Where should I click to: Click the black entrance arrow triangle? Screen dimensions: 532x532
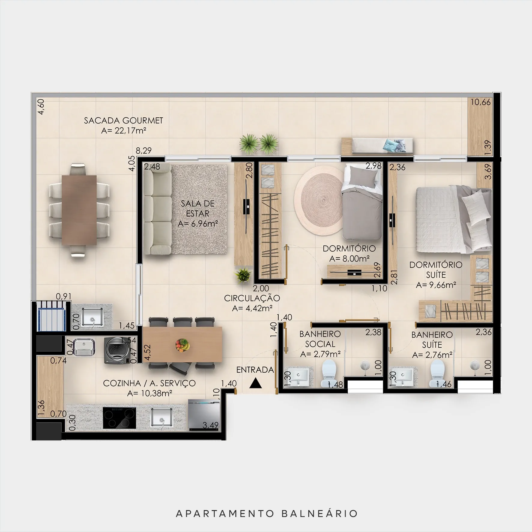[x=255, y=383]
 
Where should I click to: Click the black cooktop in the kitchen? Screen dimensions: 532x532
[x=119, y=418]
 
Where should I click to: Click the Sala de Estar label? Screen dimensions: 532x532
[x=198, y=213]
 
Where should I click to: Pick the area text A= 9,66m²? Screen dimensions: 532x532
[x=436, y=285]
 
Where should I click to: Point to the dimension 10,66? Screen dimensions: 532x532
[x=480, y=102]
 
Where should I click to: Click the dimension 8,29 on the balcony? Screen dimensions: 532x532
[x=144, y=150]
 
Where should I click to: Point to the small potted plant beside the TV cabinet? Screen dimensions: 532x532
[x=243, y=275]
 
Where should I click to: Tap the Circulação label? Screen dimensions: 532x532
[x=252, y=298]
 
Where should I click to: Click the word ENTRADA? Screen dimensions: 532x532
[x=255, y=370]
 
